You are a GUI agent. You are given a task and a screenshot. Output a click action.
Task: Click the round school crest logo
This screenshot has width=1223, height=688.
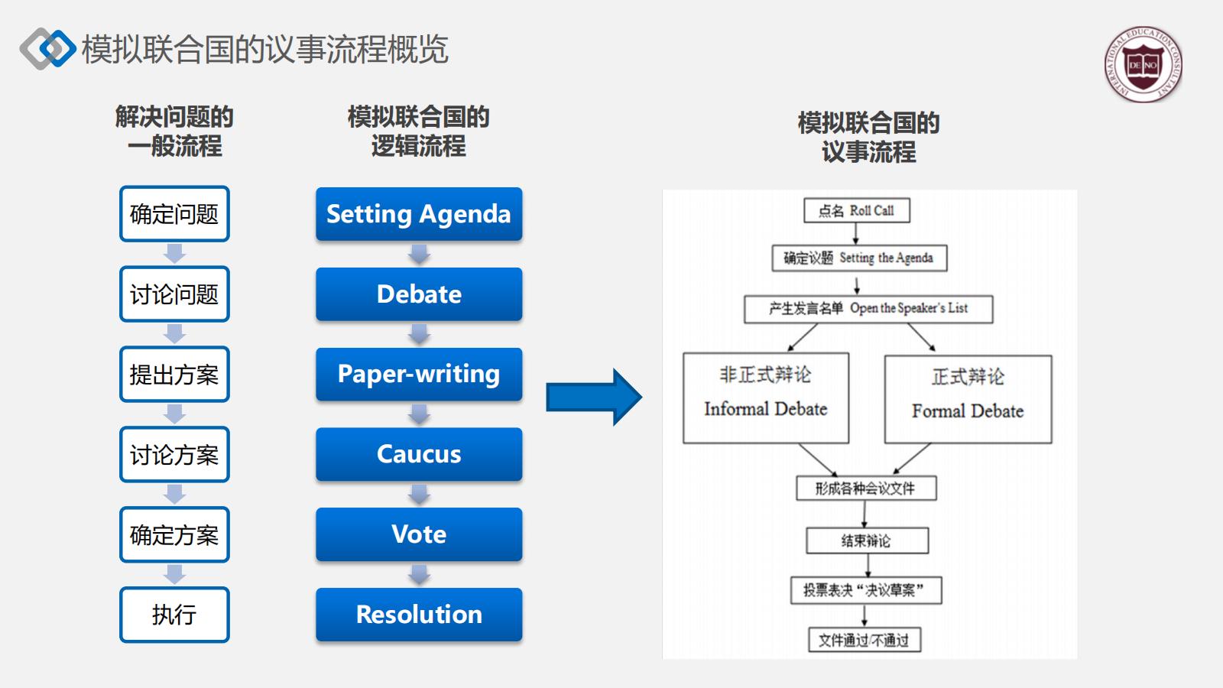[x=1144, y=65]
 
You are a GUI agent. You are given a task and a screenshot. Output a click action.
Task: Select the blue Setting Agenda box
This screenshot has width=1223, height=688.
[x=419, y=214]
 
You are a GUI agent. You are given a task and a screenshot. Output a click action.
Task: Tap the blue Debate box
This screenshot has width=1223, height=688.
[x=419, y=294]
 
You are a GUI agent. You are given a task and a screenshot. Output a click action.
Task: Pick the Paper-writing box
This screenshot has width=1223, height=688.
[x=419, y=374]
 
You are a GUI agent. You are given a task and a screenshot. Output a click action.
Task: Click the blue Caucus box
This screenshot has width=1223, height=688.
[x=419, y=454]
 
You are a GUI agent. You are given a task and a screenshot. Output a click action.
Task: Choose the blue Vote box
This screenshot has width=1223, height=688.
[x=419, y=534]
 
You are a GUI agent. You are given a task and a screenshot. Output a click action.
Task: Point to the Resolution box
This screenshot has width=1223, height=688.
[x=419, y=615]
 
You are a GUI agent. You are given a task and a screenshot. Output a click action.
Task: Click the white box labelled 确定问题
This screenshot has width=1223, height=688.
[x=174, y=214]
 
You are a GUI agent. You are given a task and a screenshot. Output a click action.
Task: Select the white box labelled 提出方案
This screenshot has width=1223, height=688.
[x=174, y=375]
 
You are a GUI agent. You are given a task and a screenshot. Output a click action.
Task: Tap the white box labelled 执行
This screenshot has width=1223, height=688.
[x=174, y=615]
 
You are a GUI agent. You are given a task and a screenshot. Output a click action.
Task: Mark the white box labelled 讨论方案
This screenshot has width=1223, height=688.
[x=174, y=455]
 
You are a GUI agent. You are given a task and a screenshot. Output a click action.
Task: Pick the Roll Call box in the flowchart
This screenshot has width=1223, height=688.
[x=856, y=211]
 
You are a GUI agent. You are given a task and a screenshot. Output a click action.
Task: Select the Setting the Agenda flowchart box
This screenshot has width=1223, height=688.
[x=859, y=258]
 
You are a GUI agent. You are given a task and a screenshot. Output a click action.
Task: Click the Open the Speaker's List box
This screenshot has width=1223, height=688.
[x=868, y=309]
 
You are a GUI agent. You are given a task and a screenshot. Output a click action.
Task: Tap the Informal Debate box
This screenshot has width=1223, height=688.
[x=766, y=398]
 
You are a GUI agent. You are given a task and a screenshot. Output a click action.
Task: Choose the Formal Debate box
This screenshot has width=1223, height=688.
[x=968, y=399]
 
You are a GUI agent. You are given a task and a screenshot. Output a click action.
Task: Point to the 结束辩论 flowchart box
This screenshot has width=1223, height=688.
[x=867, y=540]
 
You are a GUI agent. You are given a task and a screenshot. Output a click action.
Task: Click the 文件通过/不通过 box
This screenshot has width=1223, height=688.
[x=865, y=640]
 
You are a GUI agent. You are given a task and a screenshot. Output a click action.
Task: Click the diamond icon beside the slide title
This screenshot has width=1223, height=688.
[x=47, y=49]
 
